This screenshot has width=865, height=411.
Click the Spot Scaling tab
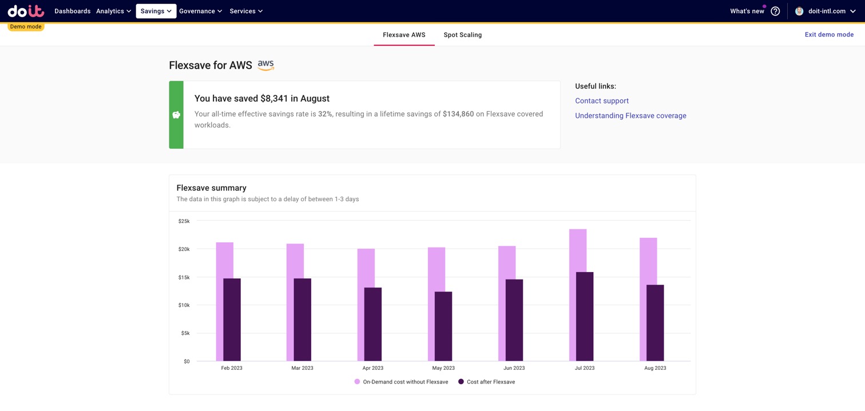pyautogui.click(x=462, y=35)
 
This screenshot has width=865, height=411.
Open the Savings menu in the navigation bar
pyautogui.click(x=156, y=11)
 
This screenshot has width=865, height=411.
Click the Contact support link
pyautogui.click(x=601, y=101)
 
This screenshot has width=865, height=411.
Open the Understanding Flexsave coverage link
pyautogui.click(x=630, y=115)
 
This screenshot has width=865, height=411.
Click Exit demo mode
pyautogui.click(x=828, y=34)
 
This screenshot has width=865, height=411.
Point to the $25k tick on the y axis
pyautogui.click(x=184, y=221)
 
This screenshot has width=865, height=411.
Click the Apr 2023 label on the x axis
pyautogui.click(x=373, y=368)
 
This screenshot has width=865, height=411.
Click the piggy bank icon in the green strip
pyautogui.click(x=176, y=115)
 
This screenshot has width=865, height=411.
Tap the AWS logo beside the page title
pyautogui.click(x=265, y=65)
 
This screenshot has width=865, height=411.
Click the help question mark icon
pyautogui.click(x=775, y=11)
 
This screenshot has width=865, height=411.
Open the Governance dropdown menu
pyautogui.click(x=200, y=11)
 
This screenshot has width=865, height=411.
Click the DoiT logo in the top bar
pyautogui.click(x=26, y=11)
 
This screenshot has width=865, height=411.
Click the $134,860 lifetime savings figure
pyautogui.click(x=458, y=114)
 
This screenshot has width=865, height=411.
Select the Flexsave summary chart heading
pyautogui.click(x=211, y=187)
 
